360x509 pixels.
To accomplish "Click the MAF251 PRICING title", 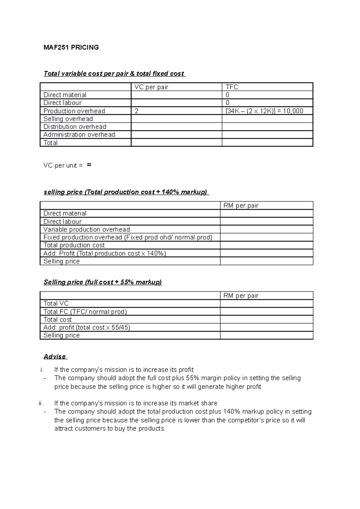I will click(71, 47).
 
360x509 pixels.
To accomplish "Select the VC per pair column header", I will click(151, 87).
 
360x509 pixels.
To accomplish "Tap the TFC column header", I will click(232, 87).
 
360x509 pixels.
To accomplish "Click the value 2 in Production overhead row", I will click(136, 111).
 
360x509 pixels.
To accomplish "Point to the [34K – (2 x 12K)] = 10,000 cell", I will click(264, 111).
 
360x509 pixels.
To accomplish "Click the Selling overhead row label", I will click(68, 119).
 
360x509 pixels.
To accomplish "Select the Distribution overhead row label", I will click(75, 127).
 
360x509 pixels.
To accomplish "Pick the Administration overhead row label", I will click(79, 135).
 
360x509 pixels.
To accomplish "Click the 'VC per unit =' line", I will click(63, 165).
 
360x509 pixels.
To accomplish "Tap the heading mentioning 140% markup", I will click(126, 192).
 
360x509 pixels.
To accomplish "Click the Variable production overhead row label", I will click(86, 230).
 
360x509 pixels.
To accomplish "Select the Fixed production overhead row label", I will click(128, 237).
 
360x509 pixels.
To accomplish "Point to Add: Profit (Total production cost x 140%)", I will click(105, 253).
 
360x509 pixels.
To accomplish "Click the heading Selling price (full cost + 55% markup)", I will click(103, 282).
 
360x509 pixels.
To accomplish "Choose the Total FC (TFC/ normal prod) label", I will click(85, 312).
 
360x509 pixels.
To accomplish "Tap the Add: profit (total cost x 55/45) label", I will click(87, 327).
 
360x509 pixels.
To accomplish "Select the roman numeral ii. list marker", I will click(41, 403).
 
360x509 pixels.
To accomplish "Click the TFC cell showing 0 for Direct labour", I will click(227, 103).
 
